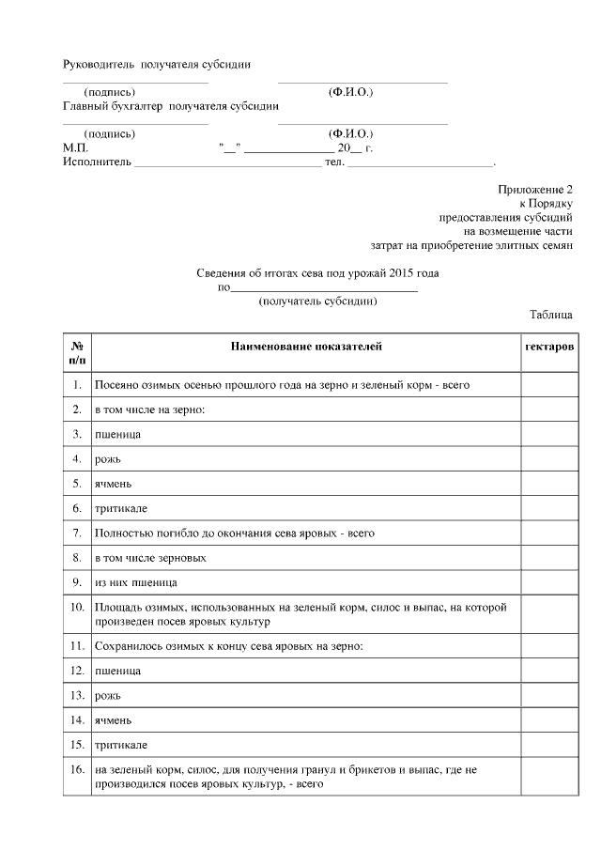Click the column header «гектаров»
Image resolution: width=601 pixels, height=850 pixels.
549,347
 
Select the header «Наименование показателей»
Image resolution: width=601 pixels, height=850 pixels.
306,347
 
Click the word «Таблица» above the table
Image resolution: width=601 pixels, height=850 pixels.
550,316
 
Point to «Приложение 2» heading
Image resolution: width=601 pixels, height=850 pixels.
534,190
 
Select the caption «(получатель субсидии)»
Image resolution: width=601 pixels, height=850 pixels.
317,301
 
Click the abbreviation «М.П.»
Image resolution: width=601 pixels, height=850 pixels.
75,147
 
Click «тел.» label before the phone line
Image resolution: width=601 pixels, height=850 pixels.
334,162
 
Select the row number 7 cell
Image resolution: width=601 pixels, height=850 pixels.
77,533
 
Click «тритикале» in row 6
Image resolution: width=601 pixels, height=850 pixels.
120,508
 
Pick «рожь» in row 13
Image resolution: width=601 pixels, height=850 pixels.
107,696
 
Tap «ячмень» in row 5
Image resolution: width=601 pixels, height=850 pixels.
114,483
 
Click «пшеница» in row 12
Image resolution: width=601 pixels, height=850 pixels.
117,672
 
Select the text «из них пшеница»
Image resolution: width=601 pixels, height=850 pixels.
136,582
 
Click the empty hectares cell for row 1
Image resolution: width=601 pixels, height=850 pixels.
548,385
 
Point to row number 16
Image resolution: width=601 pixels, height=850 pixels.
77,770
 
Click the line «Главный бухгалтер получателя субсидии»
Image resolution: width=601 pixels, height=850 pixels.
170,106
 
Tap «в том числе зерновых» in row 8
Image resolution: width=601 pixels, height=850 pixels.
150,558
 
